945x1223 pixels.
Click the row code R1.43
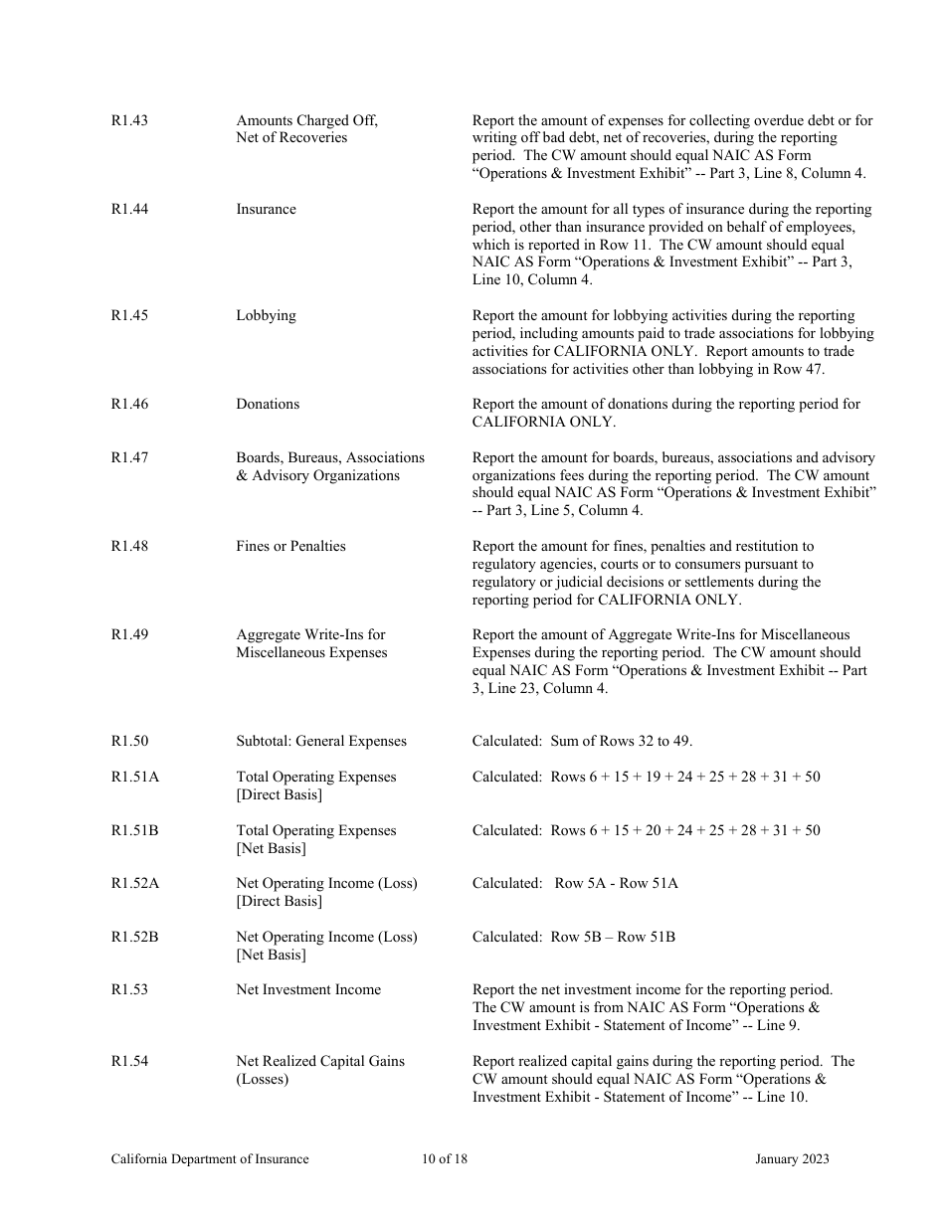coord(129,120)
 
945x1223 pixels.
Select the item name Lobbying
coord(266,315)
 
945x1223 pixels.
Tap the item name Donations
coord(268,404)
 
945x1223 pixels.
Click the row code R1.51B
coord(134,830)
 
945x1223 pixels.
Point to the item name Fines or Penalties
coord(290,546)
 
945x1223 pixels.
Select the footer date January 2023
coord(792,1158)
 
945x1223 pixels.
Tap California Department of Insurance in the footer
coord(210,1158)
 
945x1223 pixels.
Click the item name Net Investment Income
coord(308,989)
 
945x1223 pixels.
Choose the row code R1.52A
coord(134,883)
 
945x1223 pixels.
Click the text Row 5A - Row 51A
coord(616,883)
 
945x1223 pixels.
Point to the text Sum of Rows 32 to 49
coord(621,741)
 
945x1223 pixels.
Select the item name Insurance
coord(266,209)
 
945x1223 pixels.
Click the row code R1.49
coord(129,634)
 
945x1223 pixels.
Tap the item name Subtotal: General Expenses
coord(321,741)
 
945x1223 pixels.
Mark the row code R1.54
coord(129,1061)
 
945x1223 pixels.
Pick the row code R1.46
coord(129,404)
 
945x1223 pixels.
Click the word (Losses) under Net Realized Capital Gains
coord(263,1079)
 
